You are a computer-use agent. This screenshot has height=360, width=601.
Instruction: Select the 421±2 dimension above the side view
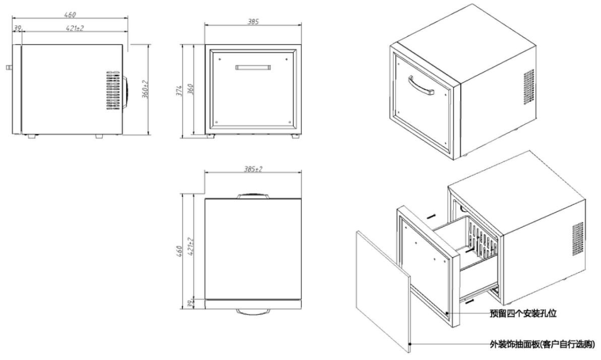(x=75, y=28)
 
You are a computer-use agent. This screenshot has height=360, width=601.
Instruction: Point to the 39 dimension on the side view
(x=17, y=28)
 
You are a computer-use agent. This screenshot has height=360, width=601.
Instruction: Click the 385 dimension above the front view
(x=253, y=22)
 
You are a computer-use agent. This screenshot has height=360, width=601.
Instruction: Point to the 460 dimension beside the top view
(x=186, y=250)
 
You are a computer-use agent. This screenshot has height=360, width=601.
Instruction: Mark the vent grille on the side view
(x=113, y=91)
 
